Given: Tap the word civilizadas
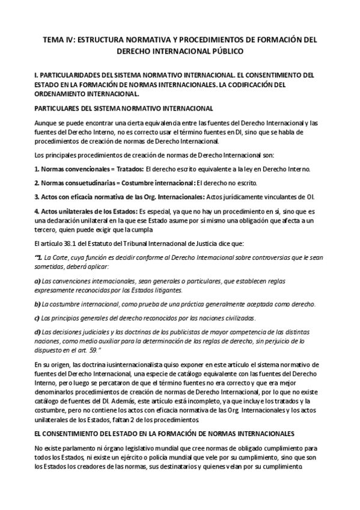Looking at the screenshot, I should (x=239, y=318).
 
